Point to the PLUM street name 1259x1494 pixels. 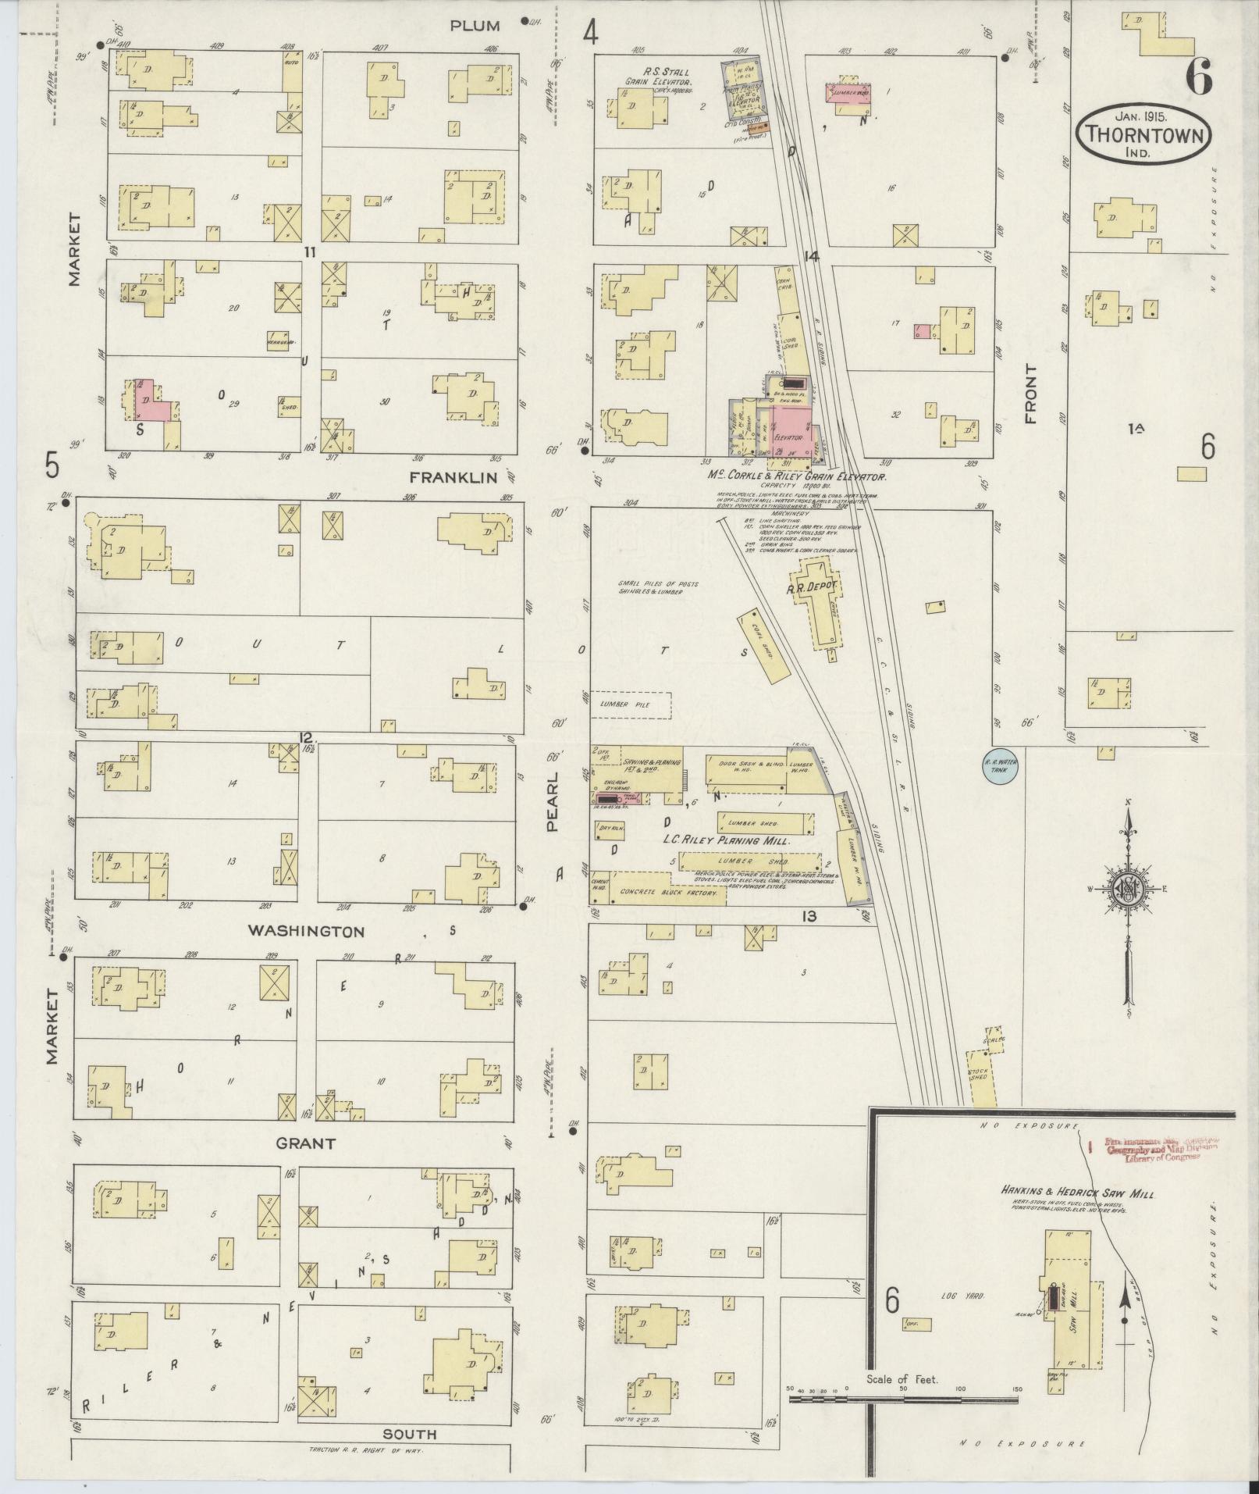pyautogui.click(x=475, y=26)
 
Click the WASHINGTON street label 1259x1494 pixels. pyautogui.click(x=306, y=931)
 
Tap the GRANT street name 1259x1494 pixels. pyautogui.click(x=306, y=1143)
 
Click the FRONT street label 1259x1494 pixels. pyautogui.click(x=1031, y=394)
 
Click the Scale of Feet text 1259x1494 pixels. pyautogui.click(x=902, y=1380)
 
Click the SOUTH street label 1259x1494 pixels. pyautogui.click(x=410, y=1434)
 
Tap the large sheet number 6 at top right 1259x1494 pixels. pyautogui.click(x=1198, y=77)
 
